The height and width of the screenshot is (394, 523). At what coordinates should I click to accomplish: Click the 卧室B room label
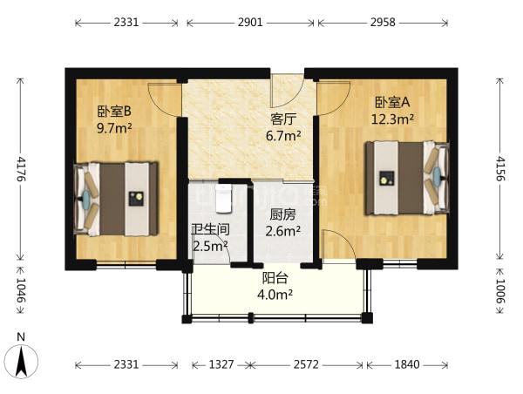(113, 111)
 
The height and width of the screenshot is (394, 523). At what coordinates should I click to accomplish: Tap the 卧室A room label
(392, 102)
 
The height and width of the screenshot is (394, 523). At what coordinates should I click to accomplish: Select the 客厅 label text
(283, 119)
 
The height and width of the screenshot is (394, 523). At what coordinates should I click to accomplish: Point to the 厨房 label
(282, 215)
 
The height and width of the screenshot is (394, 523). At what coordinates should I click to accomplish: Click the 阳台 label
(275, 278)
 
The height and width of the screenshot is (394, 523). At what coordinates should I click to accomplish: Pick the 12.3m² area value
(392, 119)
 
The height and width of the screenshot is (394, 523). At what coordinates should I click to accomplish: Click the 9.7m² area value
(114, 128)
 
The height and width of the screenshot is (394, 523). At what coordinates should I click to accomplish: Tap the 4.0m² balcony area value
(275, 295)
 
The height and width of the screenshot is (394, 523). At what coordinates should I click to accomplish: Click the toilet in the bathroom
(223, 199)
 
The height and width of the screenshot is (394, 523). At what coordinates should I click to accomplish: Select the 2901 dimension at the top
(250, 23)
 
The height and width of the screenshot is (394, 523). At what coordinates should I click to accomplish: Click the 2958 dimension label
(383, 23)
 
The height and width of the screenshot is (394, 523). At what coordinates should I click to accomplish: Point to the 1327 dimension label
(221, 364)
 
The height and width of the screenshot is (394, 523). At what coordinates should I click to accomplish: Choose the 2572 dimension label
(306, 364)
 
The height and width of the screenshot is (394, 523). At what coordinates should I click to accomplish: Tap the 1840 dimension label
(407, 364)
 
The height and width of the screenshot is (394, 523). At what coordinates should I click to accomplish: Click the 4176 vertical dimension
(21, 168)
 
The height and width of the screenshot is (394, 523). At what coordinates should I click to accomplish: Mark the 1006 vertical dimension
(500, 291)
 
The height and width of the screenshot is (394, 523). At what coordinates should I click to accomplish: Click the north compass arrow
(22, 361)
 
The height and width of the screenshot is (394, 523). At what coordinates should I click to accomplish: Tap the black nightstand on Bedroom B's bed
(136, 199)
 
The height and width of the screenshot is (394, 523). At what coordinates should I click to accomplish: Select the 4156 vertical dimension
(500, 168)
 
